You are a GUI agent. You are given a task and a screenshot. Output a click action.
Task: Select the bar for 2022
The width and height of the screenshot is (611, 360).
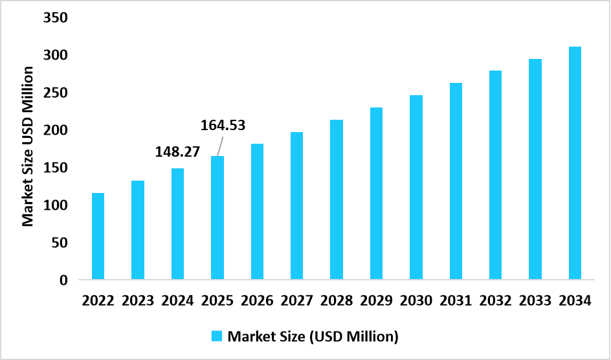click(98, 236)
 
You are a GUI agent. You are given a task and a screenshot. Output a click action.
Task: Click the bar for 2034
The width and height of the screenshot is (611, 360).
click(575, 163)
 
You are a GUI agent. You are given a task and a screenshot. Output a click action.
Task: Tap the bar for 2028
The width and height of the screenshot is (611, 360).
click(337, 199)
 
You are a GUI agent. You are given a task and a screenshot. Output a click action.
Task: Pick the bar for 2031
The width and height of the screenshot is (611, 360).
click(456, 181)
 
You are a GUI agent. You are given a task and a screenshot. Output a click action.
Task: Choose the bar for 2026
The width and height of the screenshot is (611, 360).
click(257, 212)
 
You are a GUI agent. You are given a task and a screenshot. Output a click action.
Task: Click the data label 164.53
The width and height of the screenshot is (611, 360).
click(222, 125)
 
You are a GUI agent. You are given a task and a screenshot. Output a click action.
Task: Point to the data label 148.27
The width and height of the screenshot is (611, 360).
click(177, 152)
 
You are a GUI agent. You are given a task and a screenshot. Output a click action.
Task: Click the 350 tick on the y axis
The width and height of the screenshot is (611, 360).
click(55, 18)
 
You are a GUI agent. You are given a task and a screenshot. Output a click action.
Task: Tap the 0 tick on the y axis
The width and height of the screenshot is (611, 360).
click(63, 280)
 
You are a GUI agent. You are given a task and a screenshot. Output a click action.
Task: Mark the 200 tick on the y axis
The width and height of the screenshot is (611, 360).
click(55, 131)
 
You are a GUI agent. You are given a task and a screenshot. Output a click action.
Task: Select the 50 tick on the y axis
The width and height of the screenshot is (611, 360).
click(59, 243)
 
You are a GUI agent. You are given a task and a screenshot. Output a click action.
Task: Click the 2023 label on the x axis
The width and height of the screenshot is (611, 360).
click(137, 301)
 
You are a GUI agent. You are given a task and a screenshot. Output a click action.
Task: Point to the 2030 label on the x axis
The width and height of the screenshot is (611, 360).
click(416, 301)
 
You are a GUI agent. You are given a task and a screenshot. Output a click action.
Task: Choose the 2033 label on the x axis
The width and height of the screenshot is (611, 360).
click(535, 301)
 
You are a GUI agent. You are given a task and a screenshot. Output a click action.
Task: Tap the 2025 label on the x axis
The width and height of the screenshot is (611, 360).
click(217, 301)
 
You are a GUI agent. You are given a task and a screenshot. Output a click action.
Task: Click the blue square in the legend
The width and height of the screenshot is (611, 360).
click(216, 336)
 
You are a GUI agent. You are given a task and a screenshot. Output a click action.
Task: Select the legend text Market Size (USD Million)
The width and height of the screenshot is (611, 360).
click(313, 336)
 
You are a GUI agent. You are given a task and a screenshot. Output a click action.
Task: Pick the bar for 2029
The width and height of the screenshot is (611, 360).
click(376, 194)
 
